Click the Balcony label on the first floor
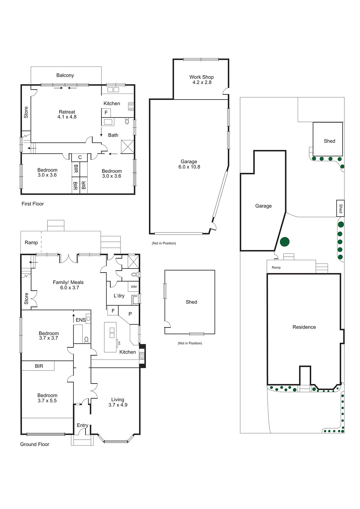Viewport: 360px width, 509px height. tap(65, 75)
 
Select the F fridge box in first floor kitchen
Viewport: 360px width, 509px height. tap(106, 113)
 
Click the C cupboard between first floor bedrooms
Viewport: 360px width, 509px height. tap(80, 157)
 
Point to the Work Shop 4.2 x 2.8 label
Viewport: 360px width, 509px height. tap(201, 80)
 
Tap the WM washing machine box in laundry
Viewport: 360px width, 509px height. tap(134, 287)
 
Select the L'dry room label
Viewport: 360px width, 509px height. tap(119, 296)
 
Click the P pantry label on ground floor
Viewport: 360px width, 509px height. tap(130, 314)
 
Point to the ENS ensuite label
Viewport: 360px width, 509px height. tap(80, 320)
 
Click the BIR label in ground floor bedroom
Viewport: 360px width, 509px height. tap(39, 366)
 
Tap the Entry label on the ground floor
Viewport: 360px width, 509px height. tap(82, 425)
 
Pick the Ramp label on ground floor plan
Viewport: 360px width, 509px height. tap(31, 242)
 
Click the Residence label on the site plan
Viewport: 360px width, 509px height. tap(304, 327)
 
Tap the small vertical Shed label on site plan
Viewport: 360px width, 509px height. tap(341, 208)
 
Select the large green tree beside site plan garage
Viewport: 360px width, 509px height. tap(285, 242)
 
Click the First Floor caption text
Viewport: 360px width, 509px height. tap(32, 204)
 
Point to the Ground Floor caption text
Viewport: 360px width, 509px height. tap(34, 444)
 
